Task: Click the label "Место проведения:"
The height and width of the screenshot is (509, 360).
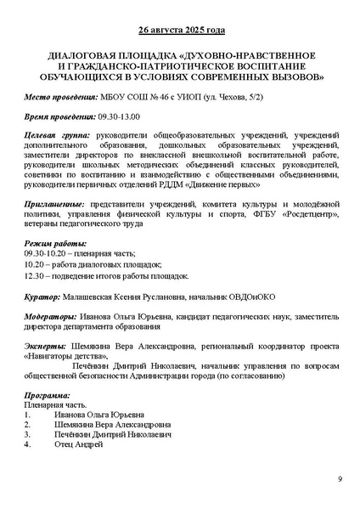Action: (x=57, y=99)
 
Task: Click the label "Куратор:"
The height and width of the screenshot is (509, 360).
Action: (x=42, y=297)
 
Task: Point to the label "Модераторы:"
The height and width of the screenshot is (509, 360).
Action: (x=51, y=314)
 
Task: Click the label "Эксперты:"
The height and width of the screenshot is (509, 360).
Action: (x=46, y=347)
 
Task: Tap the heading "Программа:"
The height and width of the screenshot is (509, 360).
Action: (x=48, y=396)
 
